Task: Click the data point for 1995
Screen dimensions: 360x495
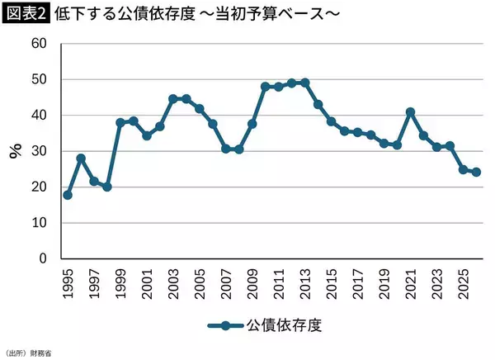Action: click(x=68, y=195)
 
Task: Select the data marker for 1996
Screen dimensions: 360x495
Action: click(x=81, y=158)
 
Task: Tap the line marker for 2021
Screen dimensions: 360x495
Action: click(x=410, y=111)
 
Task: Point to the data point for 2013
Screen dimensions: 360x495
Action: click(x=305, y=83)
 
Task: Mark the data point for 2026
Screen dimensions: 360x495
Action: click(x=476, y=173)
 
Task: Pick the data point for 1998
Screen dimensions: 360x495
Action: click(x=107, y=187)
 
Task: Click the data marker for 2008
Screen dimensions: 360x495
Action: click(x=239, y=149)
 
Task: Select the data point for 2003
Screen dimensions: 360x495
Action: click(x=173, y=98)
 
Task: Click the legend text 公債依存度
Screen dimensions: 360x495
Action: click(x=285, y=324)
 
